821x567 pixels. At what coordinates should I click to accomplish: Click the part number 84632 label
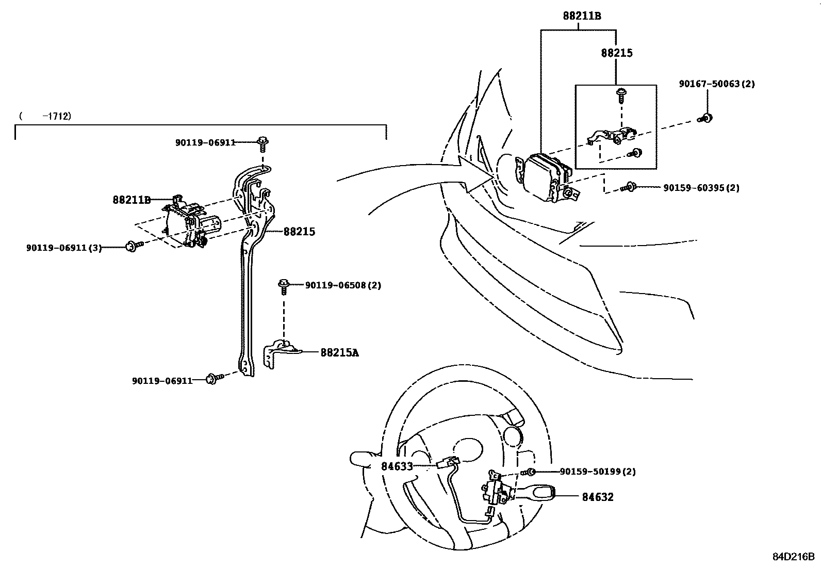click(598, 497)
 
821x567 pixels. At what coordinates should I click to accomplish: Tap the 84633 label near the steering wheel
click(397, 466)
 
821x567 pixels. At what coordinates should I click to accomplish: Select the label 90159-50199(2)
click(598, 472)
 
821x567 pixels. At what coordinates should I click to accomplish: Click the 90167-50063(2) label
click(717, 84)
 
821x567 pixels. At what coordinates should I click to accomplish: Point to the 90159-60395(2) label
click(701, 188)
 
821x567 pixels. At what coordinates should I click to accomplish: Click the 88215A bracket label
click(339, 353)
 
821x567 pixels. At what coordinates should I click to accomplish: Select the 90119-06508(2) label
click(343, 285)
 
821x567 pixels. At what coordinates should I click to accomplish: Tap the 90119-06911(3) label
click(64, 248)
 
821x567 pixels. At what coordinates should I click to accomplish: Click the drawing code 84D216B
click(793, 557)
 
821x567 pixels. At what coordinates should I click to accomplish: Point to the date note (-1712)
click(45, 116)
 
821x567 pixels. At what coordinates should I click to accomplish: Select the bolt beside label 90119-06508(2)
click(283, 285)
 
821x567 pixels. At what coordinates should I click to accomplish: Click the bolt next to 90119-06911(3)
click(132, 246)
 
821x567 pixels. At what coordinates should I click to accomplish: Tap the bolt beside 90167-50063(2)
click(707, 118)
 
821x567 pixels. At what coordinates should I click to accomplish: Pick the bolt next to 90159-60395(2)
click(630, 187)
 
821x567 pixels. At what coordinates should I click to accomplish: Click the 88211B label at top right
click(582, 16)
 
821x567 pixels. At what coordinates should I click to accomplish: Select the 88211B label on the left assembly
click(132, 200)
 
